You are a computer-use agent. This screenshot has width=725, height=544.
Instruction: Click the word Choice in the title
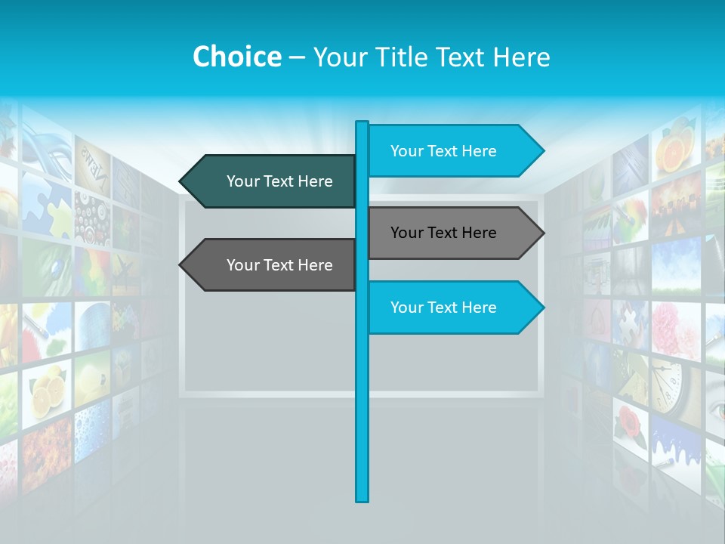[236, 57]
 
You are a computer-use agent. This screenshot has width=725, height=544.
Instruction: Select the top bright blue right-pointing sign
[450, 151]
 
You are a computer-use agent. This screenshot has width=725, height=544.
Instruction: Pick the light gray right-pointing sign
[450, 233]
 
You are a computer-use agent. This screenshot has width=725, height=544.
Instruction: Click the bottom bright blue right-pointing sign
[450, 308]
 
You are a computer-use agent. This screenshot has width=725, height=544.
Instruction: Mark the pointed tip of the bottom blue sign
[543, 308]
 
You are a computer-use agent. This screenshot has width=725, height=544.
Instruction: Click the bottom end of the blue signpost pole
[362, 499]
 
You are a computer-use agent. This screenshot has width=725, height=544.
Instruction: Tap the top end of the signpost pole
[362, 123]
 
